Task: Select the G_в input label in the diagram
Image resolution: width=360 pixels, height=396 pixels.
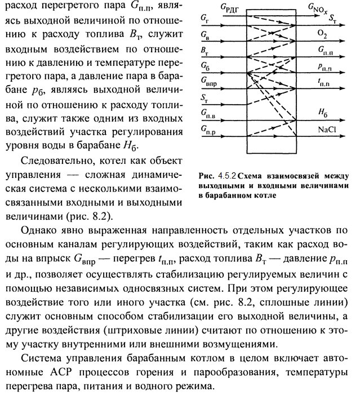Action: click(x=205, y=35)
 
